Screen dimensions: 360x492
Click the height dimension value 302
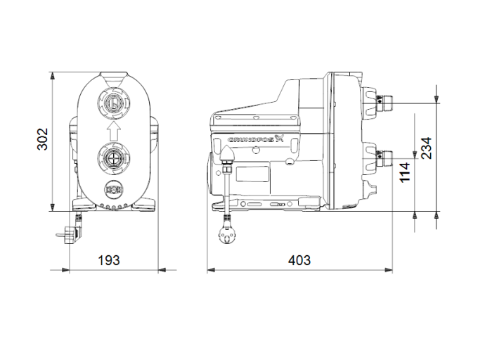tap(42, 141)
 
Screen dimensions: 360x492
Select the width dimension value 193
tap(108, 260)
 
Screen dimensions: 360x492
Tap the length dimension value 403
tap(299, 260)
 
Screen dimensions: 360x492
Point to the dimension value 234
tap(426, 148)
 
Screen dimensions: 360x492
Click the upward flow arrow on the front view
tap(112, 131)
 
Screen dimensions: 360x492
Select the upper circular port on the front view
tap(112, 105)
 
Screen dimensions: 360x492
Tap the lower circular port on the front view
tap(112, 157)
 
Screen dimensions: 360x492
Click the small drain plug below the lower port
tap(112, 189)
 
